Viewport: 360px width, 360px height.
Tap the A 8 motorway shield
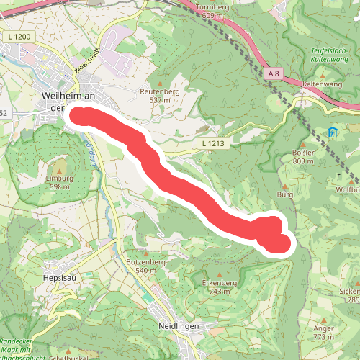272,73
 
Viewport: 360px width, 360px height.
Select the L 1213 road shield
212,145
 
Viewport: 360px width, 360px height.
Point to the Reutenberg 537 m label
159,96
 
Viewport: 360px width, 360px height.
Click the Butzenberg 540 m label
146,266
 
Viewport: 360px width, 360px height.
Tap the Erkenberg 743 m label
220,287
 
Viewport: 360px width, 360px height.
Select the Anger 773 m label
324,332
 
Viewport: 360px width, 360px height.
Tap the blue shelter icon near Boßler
332,133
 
